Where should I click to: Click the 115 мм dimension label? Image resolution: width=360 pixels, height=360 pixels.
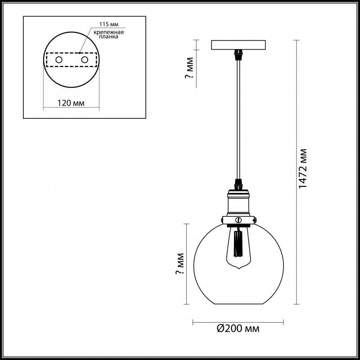tap(109, 24)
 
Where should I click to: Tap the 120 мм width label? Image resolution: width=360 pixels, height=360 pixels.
tap(71, 103)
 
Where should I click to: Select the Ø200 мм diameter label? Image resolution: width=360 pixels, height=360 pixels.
tap(238, 328)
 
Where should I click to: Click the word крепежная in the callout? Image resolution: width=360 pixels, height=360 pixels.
tap(109, 32)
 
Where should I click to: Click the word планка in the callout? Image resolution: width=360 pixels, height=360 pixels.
tap(109, 37)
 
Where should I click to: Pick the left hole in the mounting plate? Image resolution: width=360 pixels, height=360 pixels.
tap(59, 60)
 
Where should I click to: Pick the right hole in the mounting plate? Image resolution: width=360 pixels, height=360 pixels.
tap(85, 60)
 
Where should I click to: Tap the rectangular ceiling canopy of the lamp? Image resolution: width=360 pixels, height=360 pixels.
tap(238, 45)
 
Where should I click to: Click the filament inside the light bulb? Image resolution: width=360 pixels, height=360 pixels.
tap(238, 243)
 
